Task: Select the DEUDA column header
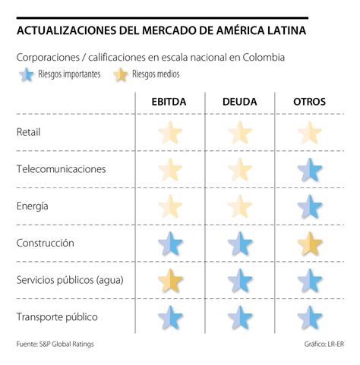240,102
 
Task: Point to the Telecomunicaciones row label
61,168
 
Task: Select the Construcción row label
46,243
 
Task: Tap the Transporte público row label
57,316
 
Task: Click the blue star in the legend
27,74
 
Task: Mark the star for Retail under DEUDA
240,133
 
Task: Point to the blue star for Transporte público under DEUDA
240,317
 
